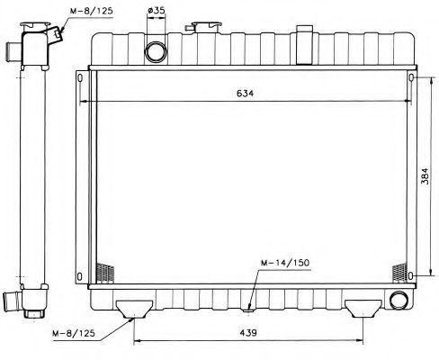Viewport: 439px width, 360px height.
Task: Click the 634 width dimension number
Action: pyautogui.click(x=245, y=94)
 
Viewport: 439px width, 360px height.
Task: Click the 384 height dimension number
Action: pyautogui.click(x=425, y=175)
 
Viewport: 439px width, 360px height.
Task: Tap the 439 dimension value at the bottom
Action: pyautogui.click(x=248, y=333)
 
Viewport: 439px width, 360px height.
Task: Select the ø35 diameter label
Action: pyautogui.click(x=157, y=10)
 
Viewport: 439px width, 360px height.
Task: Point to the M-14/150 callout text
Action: pyautogui.click(x=285, y=263)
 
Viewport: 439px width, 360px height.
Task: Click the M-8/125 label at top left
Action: pyautogui.click(x=92, y=11)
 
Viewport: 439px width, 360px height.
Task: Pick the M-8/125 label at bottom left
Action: pyautogui.click(x=74, y=333)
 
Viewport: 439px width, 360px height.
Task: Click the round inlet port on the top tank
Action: pyautogui.click(x=156, y=51)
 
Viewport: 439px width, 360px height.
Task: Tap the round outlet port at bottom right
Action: pyautogui.click(x=399, y=299)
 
